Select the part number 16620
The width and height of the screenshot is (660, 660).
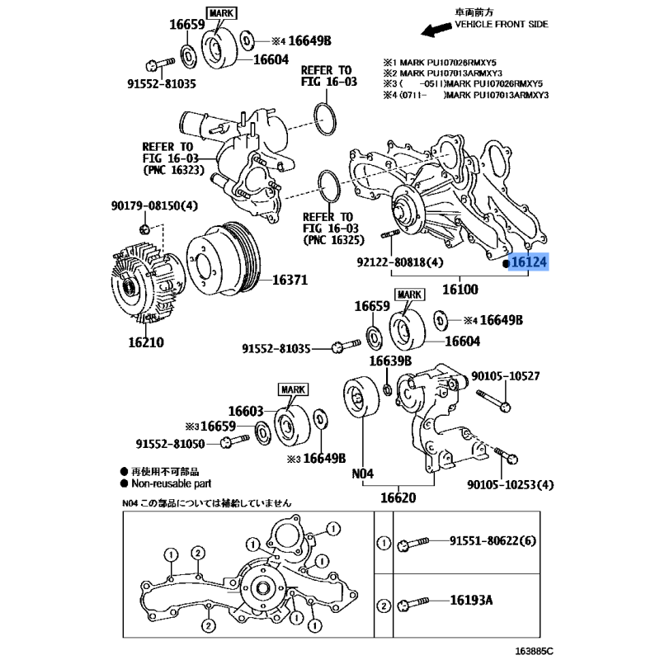click(398, 498)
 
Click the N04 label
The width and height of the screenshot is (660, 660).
click(364, 474)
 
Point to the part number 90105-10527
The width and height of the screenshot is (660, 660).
click(505, 376)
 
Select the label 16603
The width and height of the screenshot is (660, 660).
click(246, 410)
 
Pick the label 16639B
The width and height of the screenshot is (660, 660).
click(389, 361)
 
